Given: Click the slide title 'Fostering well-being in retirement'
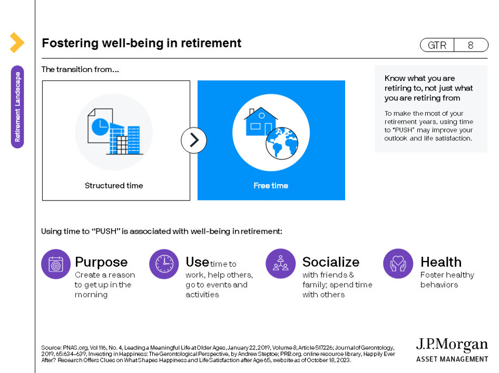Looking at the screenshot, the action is click(142, 43).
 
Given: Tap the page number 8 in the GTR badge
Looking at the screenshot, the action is click(471, 45).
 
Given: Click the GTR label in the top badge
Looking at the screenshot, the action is click(437, 45).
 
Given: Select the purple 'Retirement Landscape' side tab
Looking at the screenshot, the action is click(17, 107).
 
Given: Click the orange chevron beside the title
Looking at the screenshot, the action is click(17, 42).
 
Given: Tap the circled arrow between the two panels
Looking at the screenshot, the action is click(194, 140).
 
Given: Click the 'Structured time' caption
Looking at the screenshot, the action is click(114, 186).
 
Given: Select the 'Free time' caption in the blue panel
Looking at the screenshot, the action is click(271, 186).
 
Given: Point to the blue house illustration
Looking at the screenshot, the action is click(260, 122).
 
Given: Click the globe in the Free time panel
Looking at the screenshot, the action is click(282, 143).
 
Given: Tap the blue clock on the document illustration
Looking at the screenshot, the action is click(100, 127).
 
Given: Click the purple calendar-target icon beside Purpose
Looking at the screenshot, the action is click(56, 264).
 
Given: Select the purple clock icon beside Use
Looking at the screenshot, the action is click(164, 264).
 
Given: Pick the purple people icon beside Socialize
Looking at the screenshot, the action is click(280, 264).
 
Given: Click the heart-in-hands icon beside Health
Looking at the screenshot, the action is click(398, 264).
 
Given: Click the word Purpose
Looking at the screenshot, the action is click(101, 263).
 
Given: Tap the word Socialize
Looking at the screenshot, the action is click(331, 262).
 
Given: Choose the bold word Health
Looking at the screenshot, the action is click(441, 262).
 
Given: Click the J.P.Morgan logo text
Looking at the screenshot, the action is click(452, 345).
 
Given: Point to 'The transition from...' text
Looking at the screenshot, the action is click(80, 69).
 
